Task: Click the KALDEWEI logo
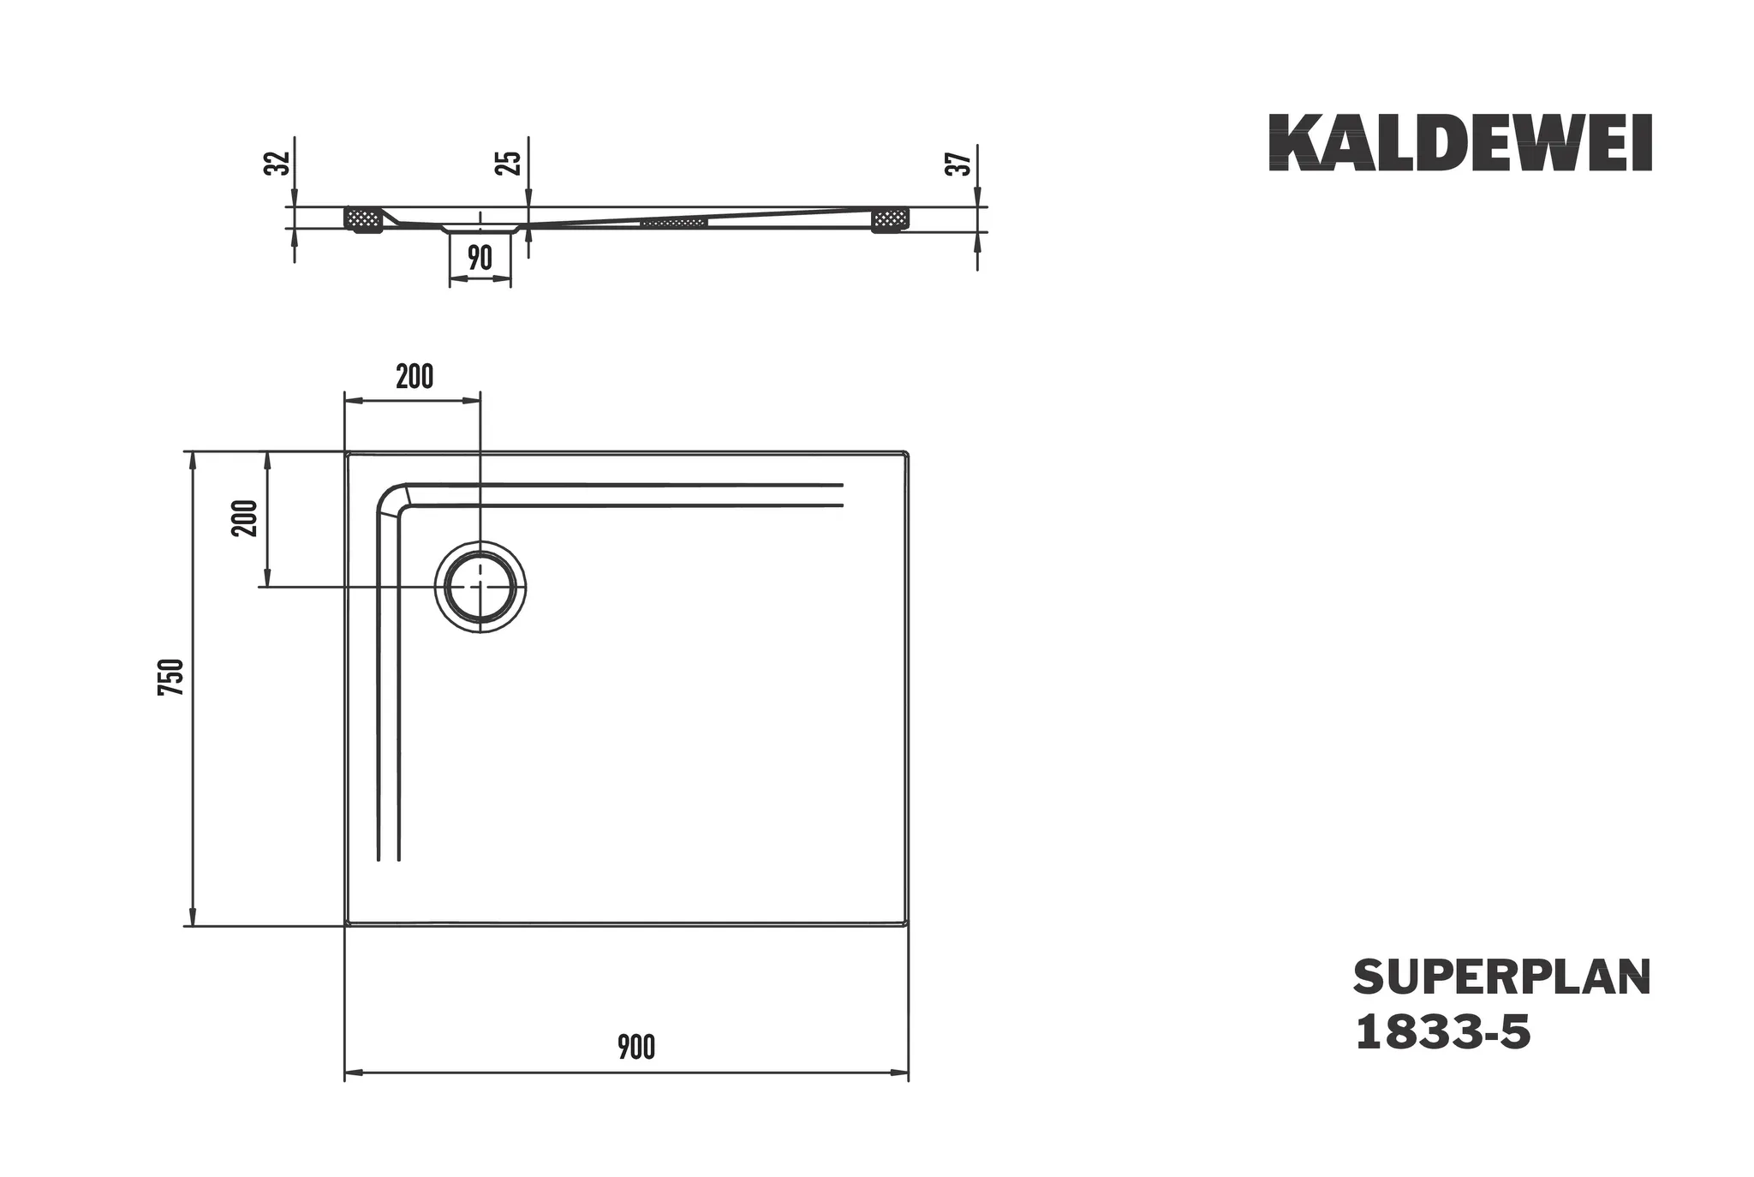coord(1459,143)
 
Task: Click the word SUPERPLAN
coord(1501,977)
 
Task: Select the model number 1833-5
coord(1442,1032)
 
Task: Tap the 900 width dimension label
coord(636,1047)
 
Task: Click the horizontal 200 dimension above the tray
coord(415,377)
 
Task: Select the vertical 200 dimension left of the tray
coord(245,517)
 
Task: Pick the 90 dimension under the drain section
coord(480,257)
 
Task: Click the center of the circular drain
coord(480,587)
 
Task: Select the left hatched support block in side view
coord(362,220)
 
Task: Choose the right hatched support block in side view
coord(891,220)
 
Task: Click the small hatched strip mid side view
coord(674,223)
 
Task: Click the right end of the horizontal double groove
coord(841,495)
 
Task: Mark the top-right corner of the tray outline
coord(905,453)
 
